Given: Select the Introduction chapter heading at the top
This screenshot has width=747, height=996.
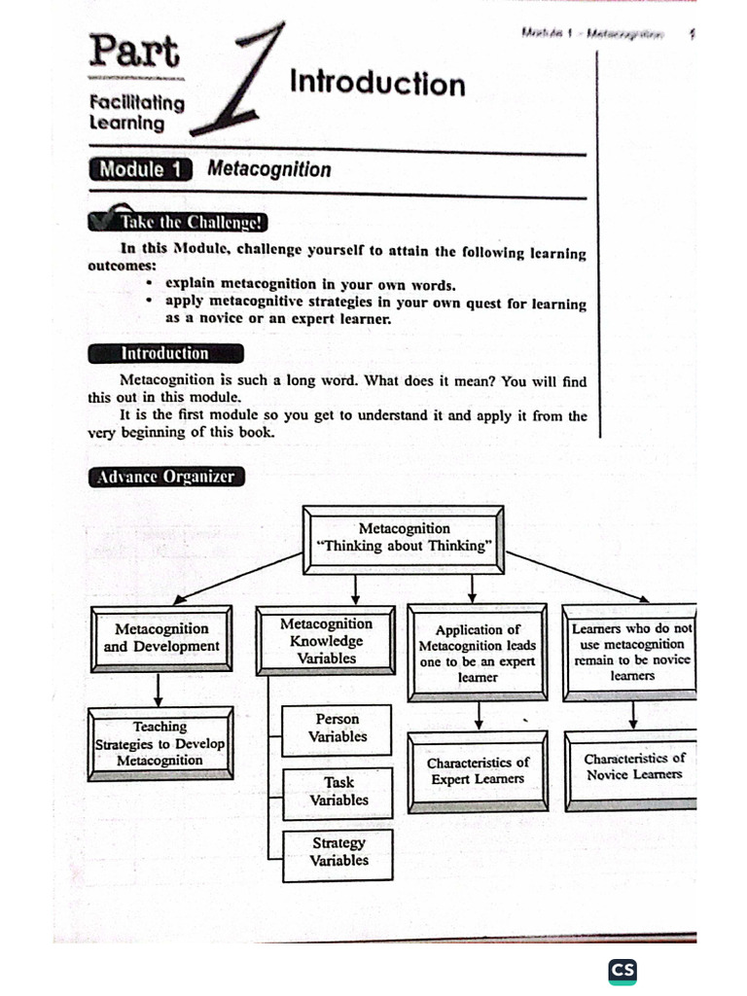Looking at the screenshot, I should [377, 84].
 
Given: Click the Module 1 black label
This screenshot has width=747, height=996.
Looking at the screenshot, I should [141, 169].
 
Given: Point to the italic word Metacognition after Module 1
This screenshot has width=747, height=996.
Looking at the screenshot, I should [268, 169].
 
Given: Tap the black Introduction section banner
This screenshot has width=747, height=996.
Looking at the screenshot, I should [164, 353].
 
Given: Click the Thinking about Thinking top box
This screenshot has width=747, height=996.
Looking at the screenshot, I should [404, 537].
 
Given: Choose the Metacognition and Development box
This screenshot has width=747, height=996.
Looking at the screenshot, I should [161, 638].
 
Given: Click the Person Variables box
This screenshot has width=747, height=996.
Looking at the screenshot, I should [338, 729].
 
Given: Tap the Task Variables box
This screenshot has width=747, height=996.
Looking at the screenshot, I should [338, 791].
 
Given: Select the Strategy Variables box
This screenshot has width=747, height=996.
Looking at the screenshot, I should [338, 852].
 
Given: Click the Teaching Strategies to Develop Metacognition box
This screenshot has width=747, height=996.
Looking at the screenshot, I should [160, 744].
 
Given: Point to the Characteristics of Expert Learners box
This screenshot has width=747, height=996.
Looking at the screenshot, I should [478, 770].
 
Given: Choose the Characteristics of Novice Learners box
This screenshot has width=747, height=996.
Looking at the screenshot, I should [633, 766].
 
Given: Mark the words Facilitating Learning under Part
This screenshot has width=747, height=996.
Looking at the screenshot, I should [136, 113].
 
